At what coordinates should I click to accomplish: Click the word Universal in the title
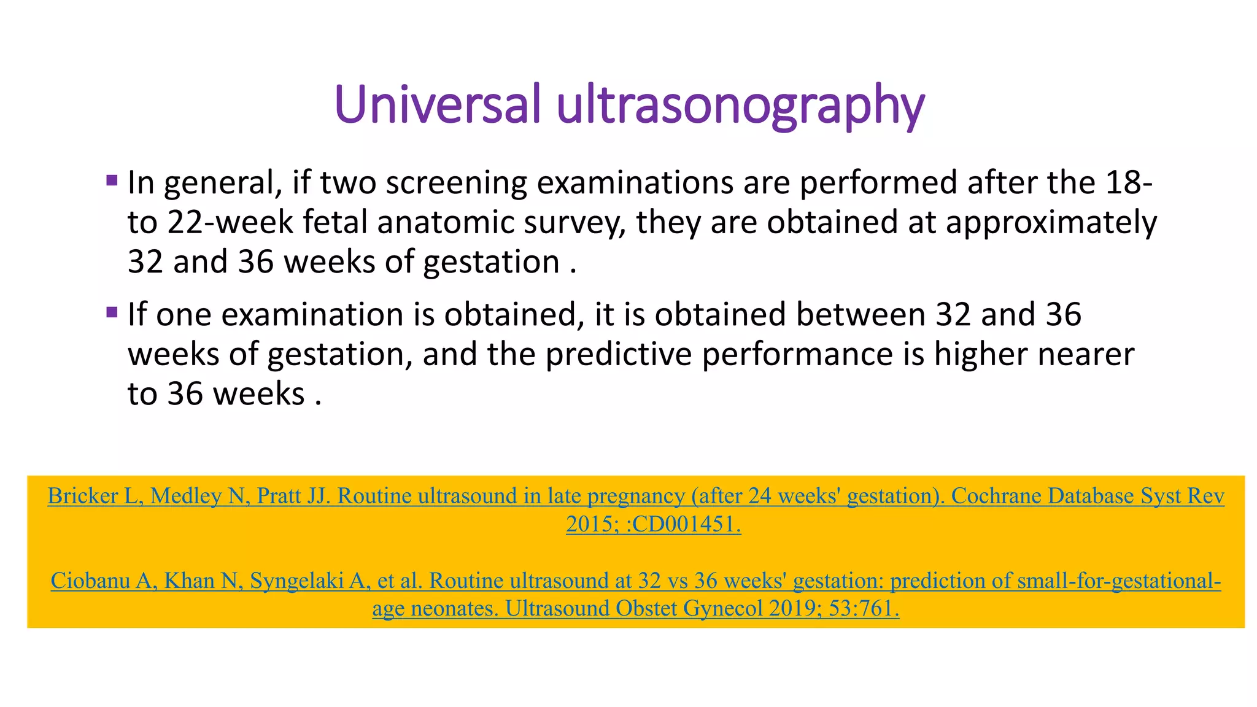click(438, 104)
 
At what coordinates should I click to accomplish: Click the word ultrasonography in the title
click(740, 106)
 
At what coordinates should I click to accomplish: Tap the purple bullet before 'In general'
click(112, 180)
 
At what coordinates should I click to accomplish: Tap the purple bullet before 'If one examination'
click(112, 312)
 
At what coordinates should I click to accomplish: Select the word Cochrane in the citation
click(996, 496)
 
